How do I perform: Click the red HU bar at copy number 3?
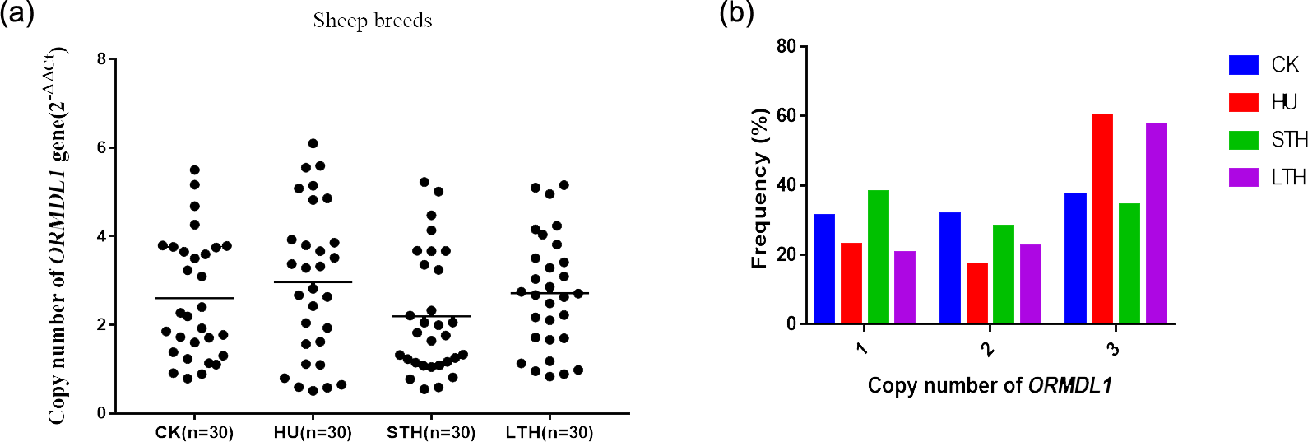click(x=1102, y=218)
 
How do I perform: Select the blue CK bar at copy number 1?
click(x=824, y=268)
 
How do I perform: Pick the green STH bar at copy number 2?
click(x=1003, y=273)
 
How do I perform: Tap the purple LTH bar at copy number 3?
click(x=1156, y=223)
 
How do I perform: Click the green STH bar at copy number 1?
click(x=878, y=257)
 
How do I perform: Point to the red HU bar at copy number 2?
click(x=976, y=292)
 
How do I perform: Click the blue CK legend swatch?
click(x=1243, y=65)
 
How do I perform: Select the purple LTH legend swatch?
click(x=1243, y=177)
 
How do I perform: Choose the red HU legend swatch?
click(x=1243, y=102)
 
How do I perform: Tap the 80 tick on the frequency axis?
click(x=786, y=46)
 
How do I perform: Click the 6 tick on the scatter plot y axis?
click(x=102, y=148)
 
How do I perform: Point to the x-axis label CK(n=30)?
click(x=194, y=433)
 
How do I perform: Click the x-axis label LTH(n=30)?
click(x=550, y=433)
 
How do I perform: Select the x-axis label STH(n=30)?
click(x=431, y=433)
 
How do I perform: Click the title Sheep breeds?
click(x=373, y=21)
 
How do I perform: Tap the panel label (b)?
click(x=736, y=14)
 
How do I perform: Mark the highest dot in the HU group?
click(x=313, y=144)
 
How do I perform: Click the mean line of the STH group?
click(x=431, y=316)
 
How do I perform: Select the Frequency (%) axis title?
click(x=759, y=188)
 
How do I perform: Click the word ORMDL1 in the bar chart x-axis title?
click(x=1070, y=385)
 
